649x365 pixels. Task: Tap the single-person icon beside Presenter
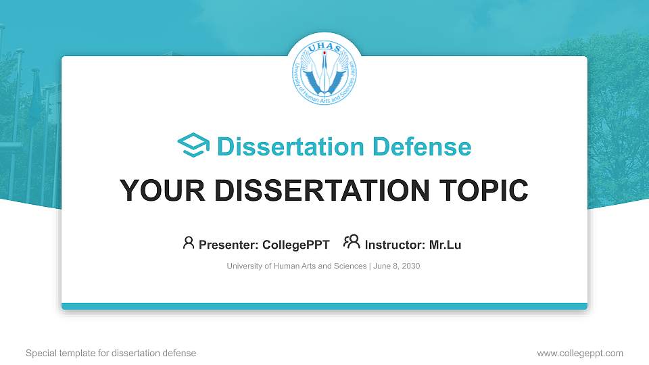[189, 243]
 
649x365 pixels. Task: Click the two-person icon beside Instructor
[352, 242]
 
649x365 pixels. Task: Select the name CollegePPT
[295, 245]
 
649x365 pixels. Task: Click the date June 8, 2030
[396, 266]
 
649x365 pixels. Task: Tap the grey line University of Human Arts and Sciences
[297, 266]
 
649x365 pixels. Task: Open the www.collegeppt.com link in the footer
[580, 353]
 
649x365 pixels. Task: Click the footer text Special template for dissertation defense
[111, 353]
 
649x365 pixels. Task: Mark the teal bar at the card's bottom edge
[324, 306]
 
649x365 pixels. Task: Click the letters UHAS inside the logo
[324, 49]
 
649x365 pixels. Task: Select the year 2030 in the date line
[410, 266]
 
